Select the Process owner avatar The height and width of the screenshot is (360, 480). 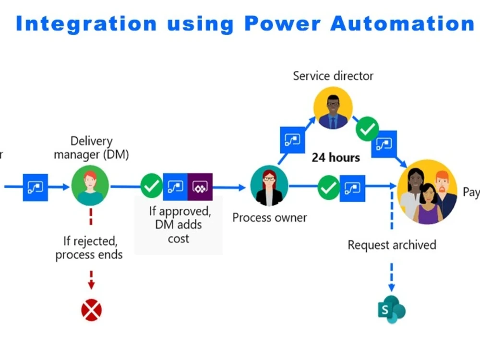click(x=269, y=186)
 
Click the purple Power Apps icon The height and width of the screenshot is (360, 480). click(x=200, y=186)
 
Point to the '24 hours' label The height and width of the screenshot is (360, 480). click(x=336, y=157)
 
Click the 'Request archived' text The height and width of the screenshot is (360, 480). click(x=392, y=245)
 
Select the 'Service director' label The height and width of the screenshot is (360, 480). click(x=333, y=76)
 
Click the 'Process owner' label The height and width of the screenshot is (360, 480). click(x=269, y=217)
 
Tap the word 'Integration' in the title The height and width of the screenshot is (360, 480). click(x=86, y=23)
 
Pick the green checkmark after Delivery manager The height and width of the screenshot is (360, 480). click(x=152, y=186)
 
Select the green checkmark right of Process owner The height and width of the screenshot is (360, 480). click(x=329, y=187)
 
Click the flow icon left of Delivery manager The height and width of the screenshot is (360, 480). click(x=36, y=186)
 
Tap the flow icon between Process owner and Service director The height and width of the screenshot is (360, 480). click(x=292, y=140)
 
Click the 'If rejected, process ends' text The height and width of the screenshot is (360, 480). click(x=89, y=247)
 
